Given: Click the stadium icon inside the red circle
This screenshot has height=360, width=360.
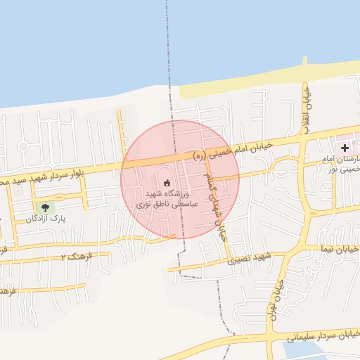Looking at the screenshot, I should point(167,184).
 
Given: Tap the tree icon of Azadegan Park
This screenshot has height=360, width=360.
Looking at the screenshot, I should point(46,207).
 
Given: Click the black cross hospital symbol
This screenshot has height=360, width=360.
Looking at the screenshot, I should point(345,148).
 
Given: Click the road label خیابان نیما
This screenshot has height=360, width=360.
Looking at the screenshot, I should point(340,249).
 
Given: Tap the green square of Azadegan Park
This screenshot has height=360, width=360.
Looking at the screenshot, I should point(46,207).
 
